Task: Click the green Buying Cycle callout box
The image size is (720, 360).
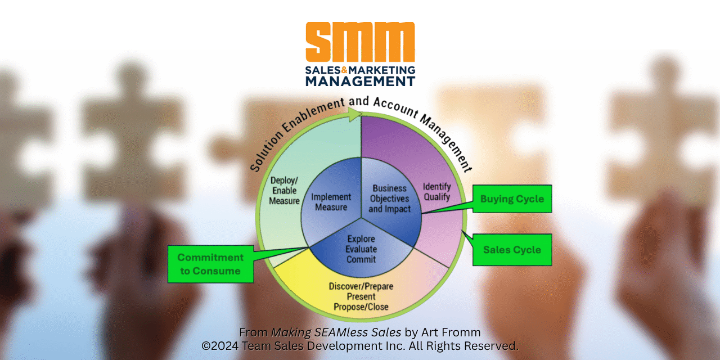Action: tap(512, 199)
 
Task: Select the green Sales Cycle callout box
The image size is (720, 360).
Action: tap(512, 250)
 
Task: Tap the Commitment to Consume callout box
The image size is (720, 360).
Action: tap(210, 264)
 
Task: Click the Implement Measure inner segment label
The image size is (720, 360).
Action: tap(331, 202)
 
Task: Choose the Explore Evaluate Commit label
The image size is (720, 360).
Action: tap(361, 249)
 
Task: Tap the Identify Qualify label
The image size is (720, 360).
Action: tap(437, 191)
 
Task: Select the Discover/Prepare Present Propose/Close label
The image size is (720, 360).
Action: tap(361, 296)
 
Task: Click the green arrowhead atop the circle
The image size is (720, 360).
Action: tap(354, 114)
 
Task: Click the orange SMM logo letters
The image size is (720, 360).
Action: tap(360, 42)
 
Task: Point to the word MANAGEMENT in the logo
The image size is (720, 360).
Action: tap(360, 81)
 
